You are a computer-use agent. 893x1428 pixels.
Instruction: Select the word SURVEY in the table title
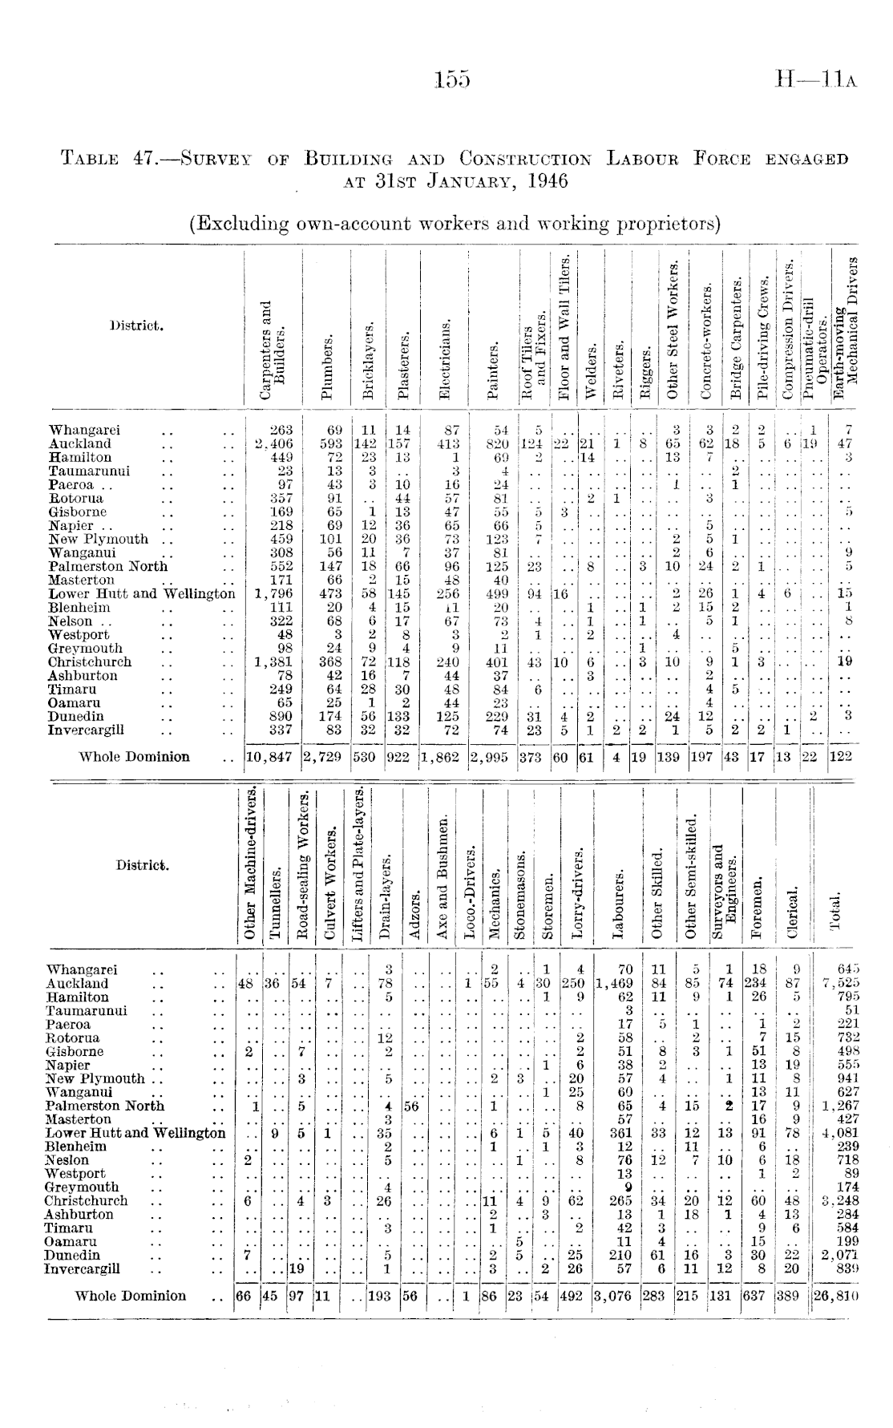point(220,160)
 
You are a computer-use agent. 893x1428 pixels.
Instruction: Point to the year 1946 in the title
point(541,180)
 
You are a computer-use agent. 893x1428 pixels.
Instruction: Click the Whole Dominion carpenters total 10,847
point(273,757)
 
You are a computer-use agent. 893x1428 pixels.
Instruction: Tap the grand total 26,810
point(836,1297)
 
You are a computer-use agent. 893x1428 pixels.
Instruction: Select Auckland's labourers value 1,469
point(615,984)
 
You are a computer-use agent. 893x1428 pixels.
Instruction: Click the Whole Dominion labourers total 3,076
point(616,1297)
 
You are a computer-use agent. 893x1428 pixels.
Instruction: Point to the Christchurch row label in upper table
point(90,662)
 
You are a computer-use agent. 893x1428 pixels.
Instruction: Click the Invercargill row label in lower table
point(83,1269)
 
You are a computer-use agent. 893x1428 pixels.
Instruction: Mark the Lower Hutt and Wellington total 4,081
point(837,1134)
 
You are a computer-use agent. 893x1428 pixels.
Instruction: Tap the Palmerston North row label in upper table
point(108,566)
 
